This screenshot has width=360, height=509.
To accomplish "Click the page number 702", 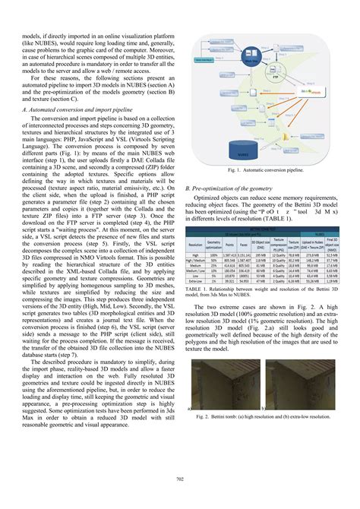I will [x=179, y=476].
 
